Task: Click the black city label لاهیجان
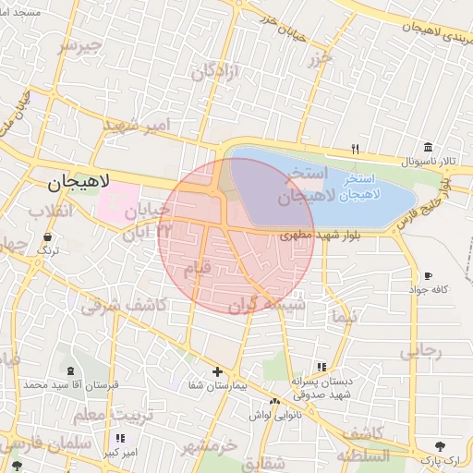click(x=79, y=183)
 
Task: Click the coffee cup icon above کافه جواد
click(x=428, y=275)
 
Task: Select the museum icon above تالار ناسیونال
click(x=428, y=148)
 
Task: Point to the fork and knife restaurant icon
click(x=355, y=148)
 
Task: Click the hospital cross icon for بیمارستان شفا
click(x=217, y=370)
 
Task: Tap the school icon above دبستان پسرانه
click(x=321, y=367)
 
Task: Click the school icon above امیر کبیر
click(x=119, y=439)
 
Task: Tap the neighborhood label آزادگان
click(x=215, y=71)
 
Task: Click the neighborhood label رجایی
click(x=420, y=352)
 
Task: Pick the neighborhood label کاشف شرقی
click(x=123, y=304)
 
